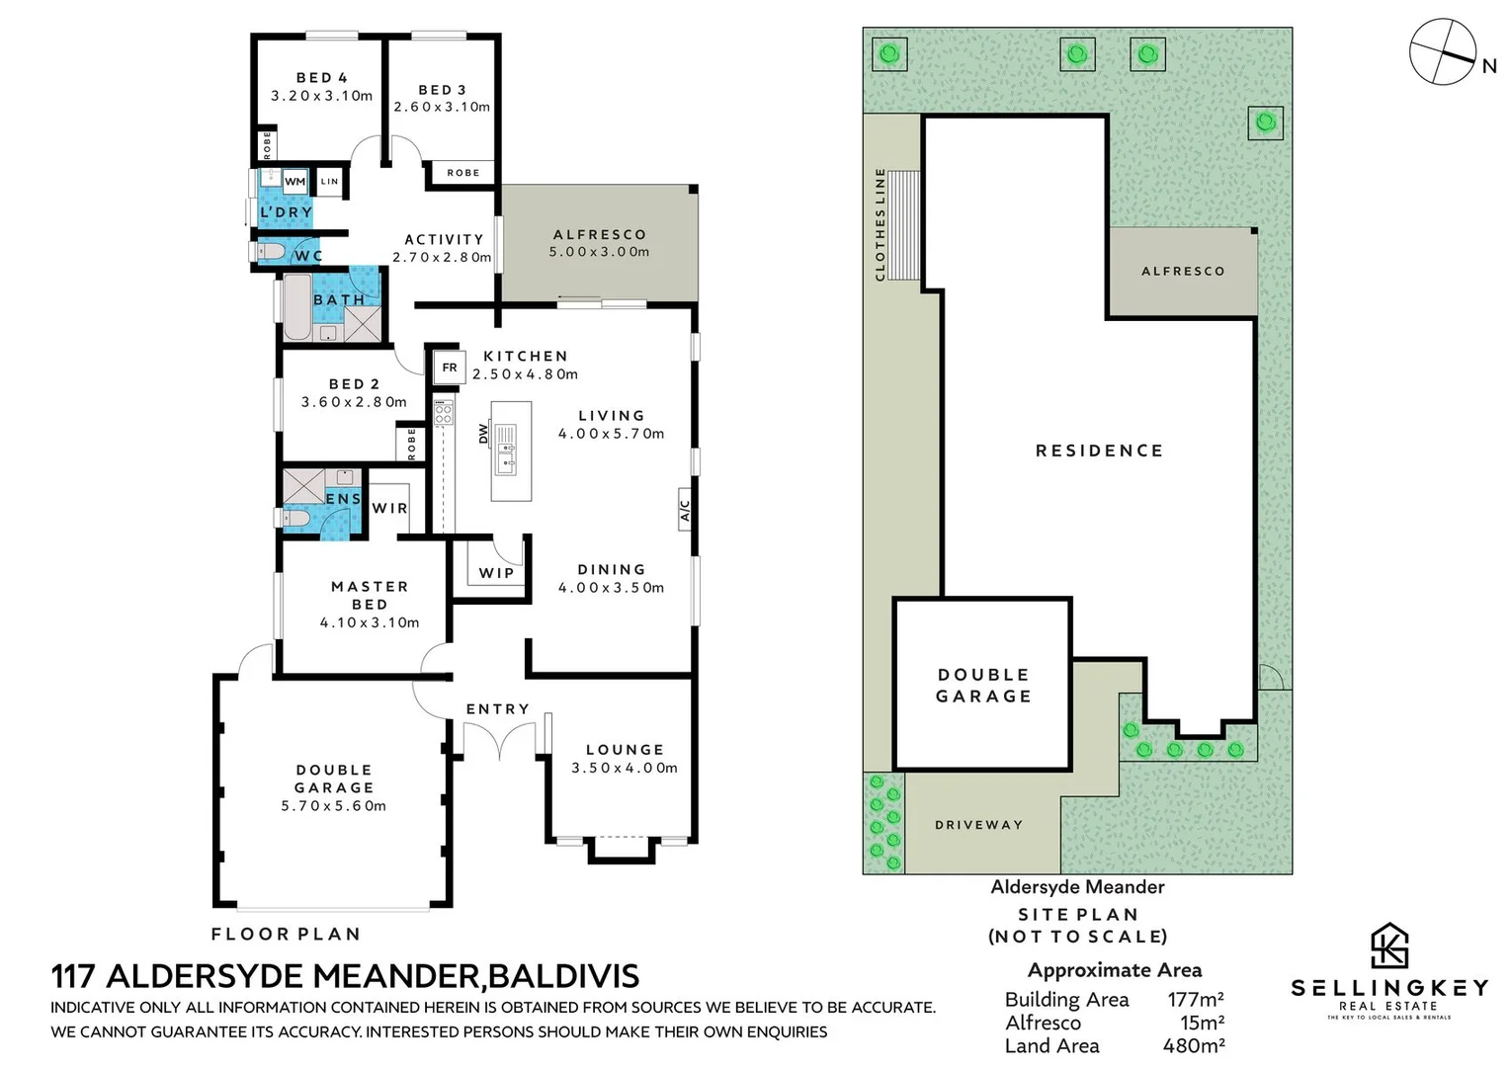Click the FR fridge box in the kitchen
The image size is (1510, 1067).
449,368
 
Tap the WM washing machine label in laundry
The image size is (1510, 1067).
294,182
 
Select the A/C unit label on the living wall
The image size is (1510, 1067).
685,511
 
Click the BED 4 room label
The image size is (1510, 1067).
321,78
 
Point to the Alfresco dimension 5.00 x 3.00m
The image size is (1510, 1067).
599,252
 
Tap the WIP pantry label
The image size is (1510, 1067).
496,573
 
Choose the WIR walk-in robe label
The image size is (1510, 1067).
389,508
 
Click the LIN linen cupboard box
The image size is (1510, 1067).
329,182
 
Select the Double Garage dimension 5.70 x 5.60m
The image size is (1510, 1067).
333,806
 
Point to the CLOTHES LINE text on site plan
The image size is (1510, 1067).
881,224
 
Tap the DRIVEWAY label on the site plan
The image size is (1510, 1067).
978,825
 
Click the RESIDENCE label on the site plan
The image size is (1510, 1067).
1099,451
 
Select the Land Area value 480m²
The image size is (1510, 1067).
1193,1045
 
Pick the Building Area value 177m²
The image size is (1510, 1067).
1195,1000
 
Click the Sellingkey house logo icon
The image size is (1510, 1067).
1388,946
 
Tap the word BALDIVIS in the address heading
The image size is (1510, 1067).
563,976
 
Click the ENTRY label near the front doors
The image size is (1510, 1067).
497,709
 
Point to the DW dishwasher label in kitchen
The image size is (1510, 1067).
483,433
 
